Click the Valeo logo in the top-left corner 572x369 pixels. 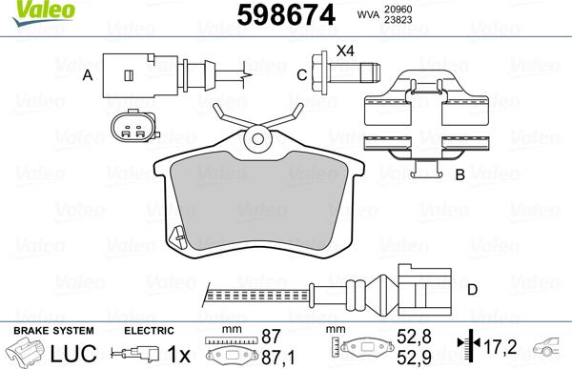pyautogui.click(x=25, y=10)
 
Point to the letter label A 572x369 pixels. pyautogui.click(x=88, y=74)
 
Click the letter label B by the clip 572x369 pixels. pyautogui.click(x=460, y=174)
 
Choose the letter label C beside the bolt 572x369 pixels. pyautogui.click(x=300, y=74)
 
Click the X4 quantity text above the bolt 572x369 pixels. pyautogui.click(x=345, y=50)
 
